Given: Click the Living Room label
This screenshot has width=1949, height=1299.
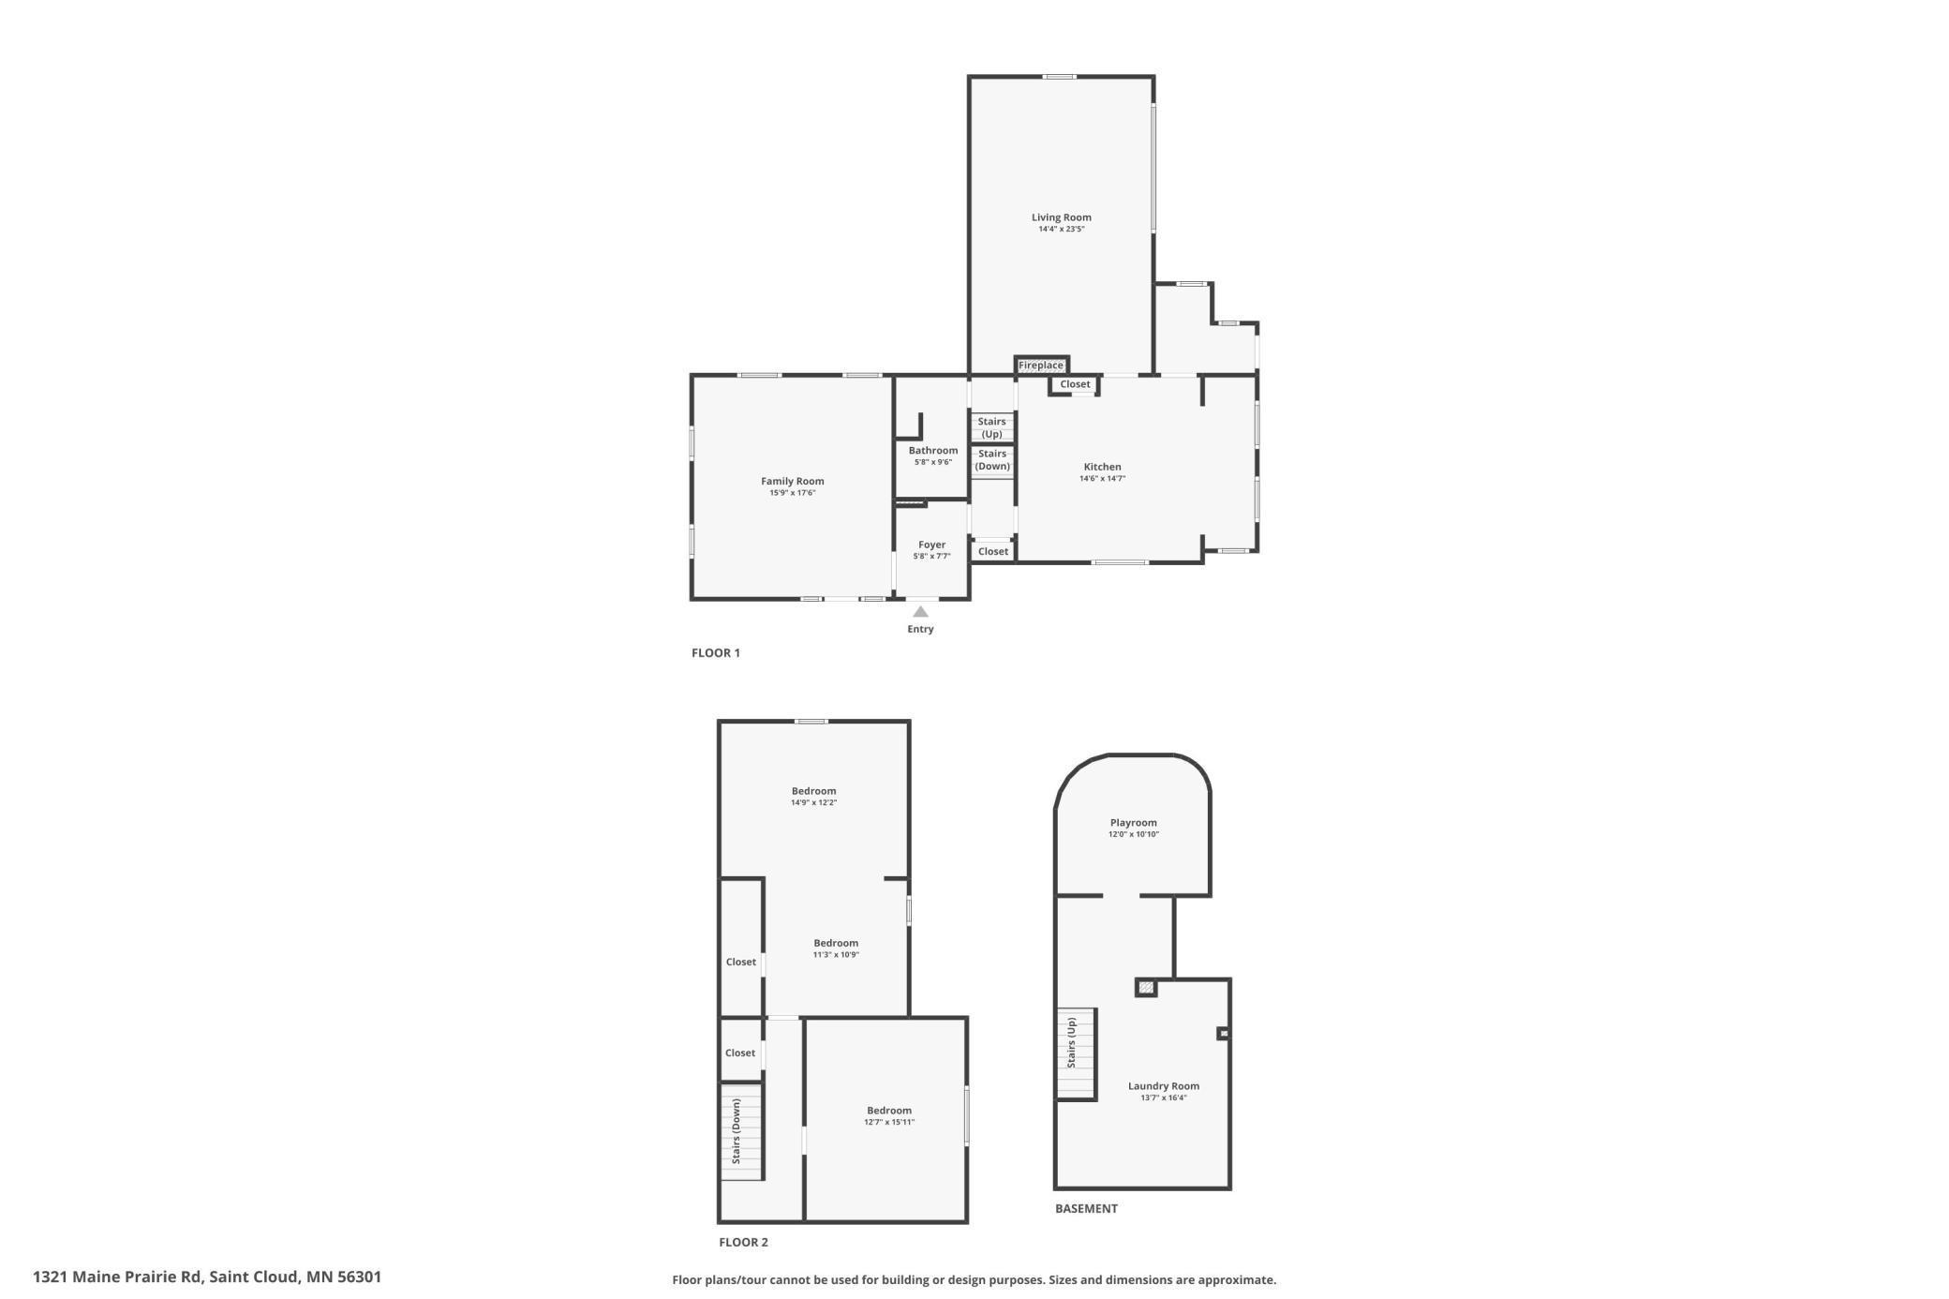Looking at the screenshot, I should pyautogui.click(x=1061, y=217).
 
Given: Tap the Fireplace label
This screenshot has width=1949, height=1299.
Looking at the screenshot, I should pyautogui.click(x=1040, y=366).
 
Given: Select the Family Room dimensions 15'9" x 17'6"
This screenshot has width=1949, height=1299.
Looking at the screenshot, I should pyautogui.click(x=792, y=493).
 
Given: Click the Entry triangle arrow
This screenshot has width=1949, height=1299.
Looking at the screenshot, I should pyautogui.click(x=920, y=612).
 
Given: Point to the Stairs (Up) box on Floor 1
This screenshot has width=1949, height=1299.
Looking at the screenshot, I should pyautogui.click(x=991, y=427).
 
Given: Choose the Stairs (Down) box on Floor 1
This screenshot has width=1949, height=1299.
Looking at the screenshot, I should pyautogui.click(x=991, y=460).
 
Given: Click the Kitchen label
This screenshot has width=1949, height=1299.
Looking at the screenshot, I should pyautogui.click(x=1102, y=467).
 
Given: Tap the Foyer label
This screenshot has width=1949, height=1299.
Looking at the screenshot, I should pyautogui.click(x=931, y=545).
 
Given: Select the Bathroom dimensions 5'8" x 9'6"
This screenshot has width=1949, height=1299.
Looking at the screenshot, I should pyautogui.click(x=932, y=462).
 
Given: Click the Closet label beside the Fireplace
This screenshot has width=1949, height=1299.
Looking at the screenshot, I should pyautogui.click(x=1075, y=384).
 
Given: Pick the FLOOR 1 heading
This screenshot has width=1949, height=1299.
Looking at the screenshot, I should pyautogui.click(x=716, y=653).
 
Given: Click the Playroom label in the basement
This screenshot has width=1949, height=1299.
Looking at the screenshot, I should pyautogui.click(x=1133, y=823).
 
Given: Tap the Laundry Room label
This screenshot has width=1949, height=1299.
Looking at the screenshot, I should pyautogui.click(x=1163, y=1086).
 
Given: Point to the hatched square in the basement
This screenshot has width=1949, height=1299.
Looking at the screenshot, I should pyautogui.click(x=1145, y=987).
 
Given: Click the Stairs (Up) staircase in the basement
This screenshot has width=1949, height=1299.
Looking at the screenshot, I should pyautogui.click(x=1075, y=1053).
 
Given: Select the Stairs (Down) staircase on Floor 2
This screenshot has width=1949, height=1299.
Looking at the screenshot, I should pyautogui.click(x=741, y=1131).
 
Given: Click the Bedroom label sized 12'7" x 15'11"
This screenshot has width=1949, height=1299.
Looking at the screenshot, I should pyautogui.click(x=888, y=1111).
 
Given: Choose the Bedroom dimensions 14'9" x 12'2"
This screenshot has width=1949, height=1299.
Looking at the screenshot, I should pyautogui.click(x=813, y=803).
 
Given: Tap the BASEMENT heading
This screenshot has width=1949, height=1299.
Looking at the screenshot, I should pyautogui.click(x=1086, y=1209).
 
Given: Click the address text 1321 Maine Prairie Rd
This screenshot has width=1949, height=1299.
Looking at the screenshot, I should pyautogui.click(x=118, y=1277).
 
